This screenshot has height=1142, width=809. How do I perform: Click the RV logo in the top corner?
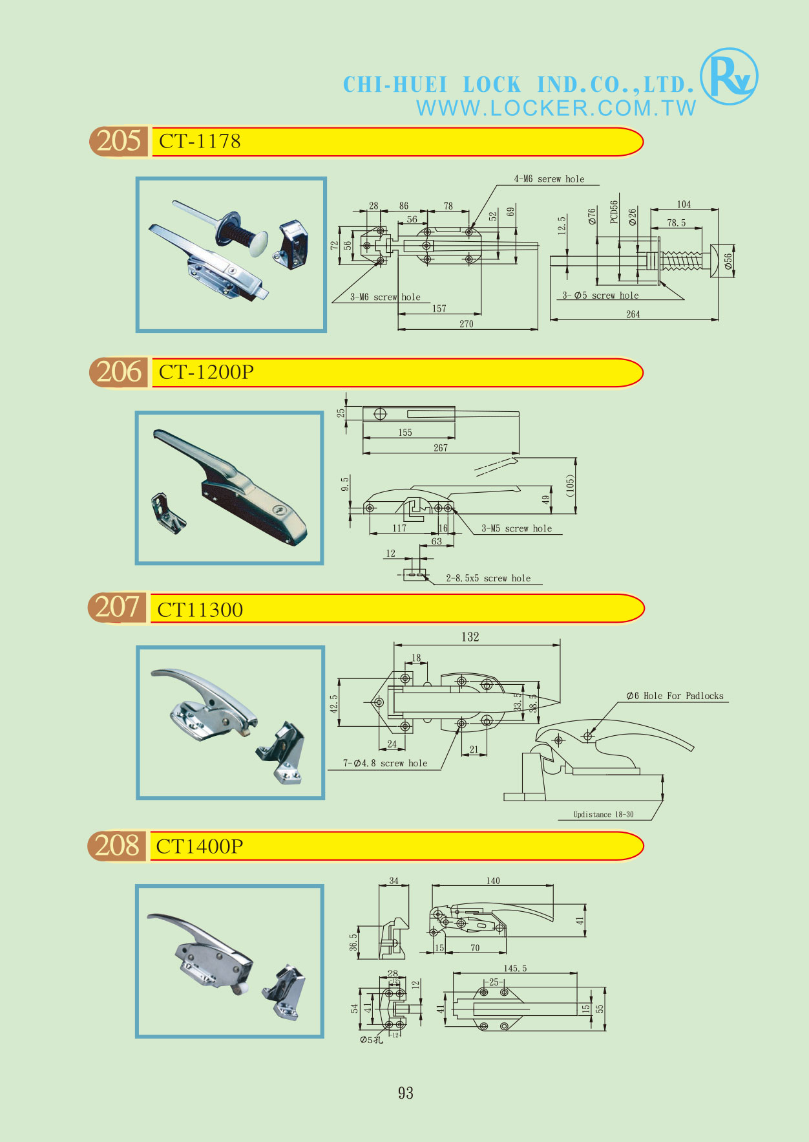[729, 77]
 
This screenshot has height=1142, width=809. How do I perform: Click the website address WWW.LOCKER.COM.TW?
[556, 108]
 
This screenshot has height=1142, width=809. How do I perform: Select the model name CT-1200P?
[206, 372]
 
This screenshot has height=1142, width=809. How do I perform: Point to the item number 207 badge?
[117, 608]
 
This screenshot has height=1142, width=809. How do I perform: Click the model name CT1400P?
[200, 846]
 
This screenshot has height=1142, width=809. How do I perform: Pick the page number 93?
[406, 1093]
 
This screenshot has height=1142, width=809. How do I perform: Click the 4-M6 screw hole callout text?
[549, 179]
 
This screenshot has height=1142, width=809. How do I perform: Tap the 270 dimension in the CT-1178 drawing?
[467, 324]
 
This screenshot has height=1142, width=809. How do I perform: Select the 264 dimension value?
[633, 314]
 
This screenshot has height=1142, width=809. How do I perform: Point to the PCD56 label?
[614, 211]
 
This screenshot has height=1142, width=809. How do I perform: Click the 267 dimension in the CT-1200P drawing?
[441, 447]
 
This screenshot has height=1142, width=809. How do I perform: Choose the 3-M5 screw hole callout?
[516, 528]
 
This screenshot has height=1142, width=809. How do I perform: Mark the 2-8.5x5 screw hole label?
[488, 578]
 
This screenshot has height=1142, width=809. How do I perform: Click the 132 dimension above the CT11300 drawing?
[470, 637]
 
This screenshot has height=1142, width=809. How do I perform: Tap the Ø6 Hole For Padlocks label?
[675, 696]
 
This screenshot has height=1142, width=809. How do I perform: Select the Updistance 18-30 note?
[604, 814]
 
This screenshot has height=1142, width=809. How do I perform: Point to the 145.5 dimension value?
[515, 968]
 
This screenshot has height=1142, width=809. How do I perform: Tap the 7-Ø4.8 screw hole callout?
[385, 763]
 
